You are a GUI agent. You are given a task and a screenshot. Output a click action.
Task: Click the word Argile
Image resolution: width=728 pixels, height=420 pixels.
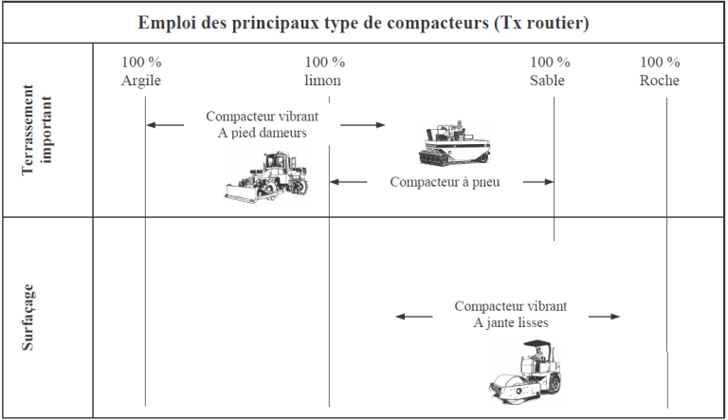(x=141, y=81)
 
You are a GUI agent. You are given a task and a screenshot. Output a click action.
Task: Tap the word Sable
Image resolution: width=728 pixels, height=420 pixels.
(x=547, y=81)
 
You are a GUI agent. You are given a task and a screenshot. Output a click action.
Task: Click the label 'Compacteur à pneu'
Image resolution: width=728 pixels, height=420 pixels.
(x=445, y=182)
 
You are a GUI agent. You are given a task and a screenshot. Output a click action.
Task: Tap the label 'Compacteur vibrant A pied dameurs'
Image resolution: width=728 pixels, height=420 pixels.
(x=263, y=125)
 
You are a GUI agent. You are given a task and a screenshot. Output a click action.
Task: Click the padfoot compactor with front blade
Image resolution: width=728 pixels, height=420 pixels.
(x=266, y=177)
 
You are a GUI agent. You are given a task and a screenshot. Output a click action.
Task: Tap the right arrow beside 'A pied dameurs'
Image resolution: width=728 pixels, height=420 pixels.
(x=363, y=124)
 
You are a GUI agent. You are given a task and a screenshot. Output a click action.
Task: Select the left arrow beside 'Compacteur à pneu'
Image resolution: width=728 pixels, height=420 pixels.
(x=349, y=182)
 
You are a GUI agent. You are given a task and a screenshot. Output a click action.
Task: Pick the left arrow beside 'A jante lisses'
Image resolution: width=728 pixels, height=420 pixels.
(x=413, y=317)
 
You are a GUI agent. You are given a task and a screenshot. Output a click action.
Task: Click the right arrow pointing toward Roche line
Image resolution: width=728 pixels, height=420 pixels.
(x=605, y=317)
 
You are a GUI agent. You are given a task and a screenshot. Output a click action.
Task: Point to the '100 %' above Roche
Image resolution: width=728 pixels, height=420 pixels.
(x=660, y=63)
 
